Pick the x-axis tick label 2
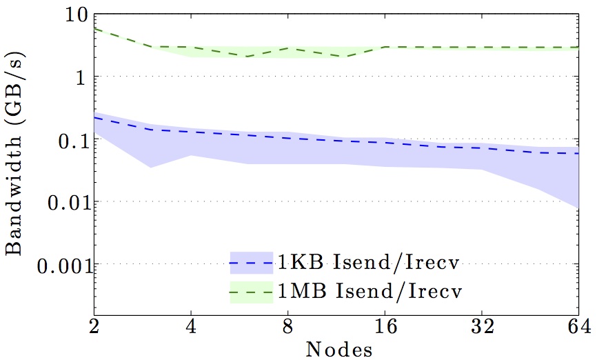tap(94, 325)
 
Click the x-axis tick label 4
tap(191, 325)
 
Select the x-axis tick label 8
tap(288, 325)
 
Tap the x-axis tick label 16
tap(385, 325)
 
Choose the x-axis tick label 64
tap(577, 325)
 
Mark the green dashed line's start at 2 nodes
tap(94, 29)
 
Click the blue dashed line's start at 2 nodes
tap(94, 117)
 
